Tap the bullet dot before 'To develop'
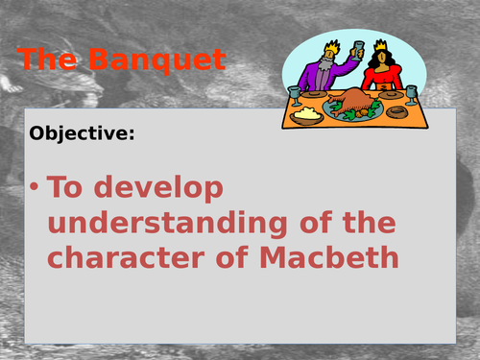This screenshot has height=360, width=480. point(35,188)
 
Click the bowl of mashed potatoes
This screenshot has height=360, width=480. point(307,113)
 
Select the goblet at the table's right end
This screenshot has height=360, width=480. point(411,94)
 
